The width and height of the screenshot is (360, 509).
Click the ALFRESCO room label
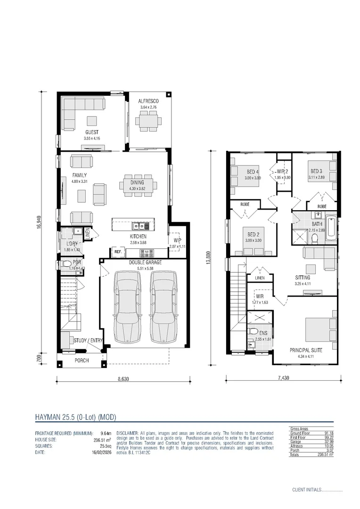(148, 101)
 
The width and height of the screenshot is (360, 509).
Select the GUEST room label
(92, 132)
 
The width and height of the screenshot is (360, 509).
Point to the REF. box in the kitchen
(116, 252)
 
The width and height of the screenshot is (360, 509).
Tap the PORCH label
(82, 361)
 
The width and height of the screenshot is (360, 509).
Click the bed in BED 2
(252, 239)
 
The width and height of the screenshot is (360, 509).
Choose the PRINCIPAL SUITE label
(305, 350)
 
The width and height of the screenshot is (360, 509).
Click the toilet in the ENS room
(252, 331)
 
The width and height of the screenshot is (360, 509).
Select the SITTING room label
(303, 278)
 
